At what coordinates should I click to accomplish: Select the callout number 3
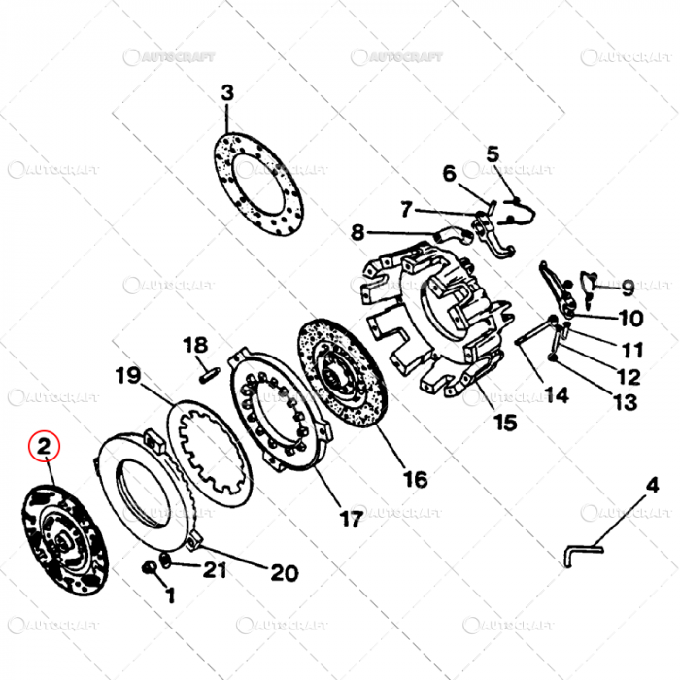pyautogui.click(x=227, y=94)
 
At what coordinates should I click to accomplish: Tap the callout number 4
pyautogui.click(x=651, y=486)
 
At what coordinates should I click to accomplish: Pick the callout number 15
pyautogui.click(x=505, y=423)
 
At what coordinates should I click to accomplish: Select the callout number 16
pyautogui.click(x=415, y=479)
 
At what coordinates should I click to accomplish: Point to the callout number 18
pyautogui.click(x=196, y=345)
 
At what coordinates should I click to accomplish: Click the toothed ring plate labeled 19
pyautogui.click(x=210, y=447)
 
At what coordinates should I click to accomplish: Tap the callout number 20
pyautogui.click(x=284, y=572)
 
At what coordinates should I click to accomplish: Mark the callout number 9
pyautogui.click(x=628, y=288)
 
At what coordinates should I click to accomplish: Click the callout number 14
pyautogui.click(x=556, y=394)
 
